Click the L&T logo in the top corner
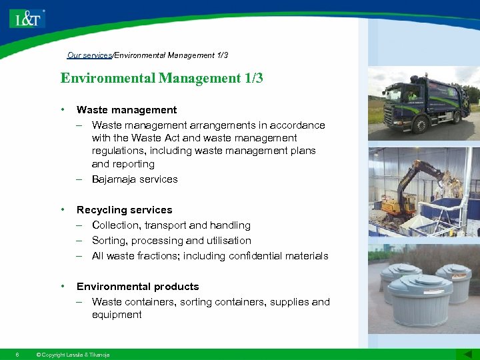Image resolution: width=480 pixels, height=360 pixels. pyautogui.click(x=27, y=18)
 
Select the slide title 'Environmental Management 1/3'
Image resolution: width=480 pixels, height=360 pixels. pyautogui.click(x=161, y=78)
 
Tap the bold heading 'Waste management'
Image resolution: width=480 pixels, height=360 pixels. pyautogui.click(x=127, y=110)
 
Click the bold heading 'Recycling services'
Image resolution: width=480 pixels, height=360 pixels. pyautogui.click(x=124, y=210)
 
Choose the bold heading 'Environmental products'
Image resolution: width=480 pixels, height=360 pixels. pyautogui.click(x=137, y=287)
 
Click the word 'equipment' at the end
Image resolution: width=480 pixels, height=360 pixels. pyautogui.click(x=117, y=315)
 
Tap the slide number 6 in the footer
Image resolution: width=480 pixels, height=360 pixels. pyautogui.click(x=17, y=355)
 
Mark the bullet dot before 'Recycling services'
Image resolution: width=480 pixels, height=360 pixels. pyautogui.click(x=62, y=209)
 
